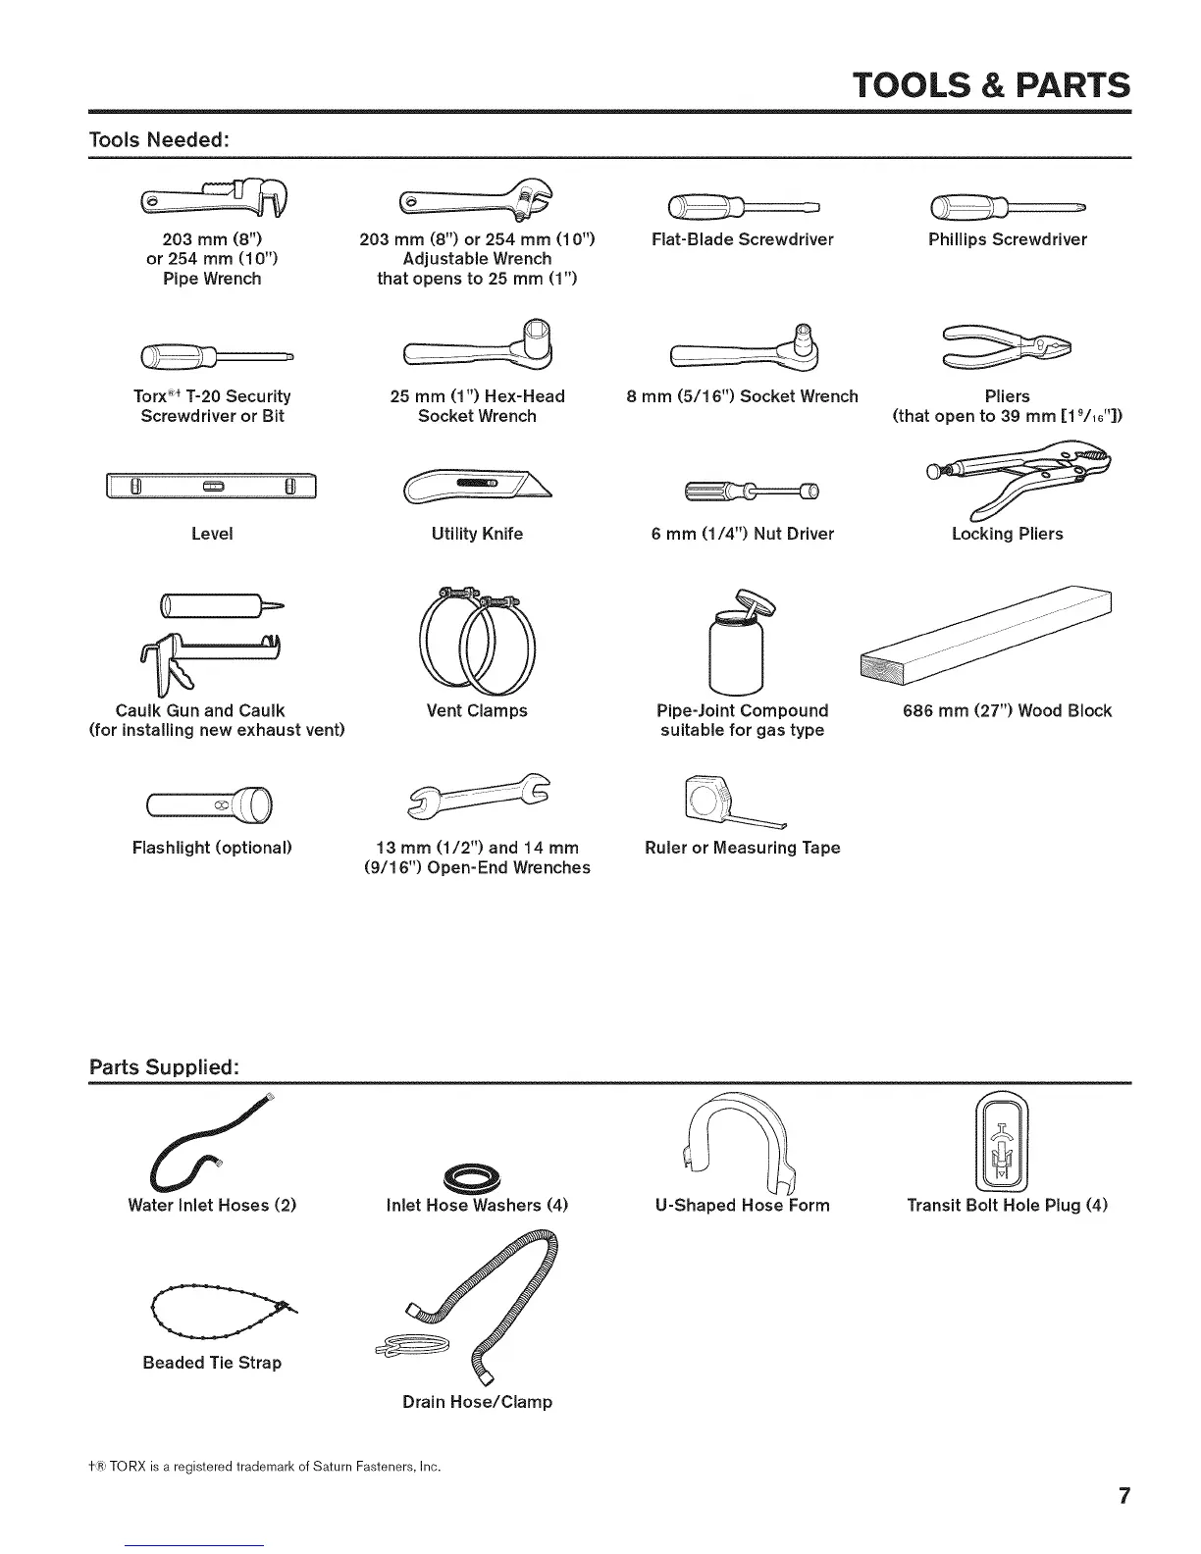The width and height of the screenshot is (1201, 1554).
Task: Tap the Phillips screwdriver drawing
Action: click(1008, 207)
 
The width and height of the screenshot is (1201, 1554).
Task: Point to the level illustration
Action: click(212, 487)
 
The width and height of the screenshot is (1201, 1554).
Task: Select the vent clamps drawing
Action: click(477, 638)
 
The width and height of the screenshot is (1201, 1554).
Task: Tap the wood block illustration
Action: click(986, 637)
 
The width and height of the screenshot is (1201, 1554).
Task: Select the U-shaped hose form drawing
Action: click(742, 1138)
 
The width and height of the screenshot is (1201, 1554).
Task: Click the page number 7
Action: click(1123, 1496)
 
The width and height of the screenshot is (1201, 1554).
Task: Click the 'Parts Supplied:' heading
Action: click(164, 1066)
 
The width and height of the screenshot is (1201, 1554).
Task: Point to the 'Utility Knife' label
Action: click(477, 534)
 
